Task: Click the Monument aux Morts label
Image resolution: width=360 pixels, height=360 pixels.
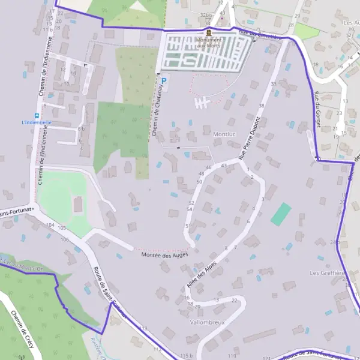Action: point(208,43)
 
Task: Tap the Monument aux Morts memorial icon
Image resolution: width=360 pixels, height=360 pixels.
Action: point(208,32)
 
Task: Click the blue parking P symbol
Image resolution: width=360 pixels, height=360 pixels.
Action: point(164,79)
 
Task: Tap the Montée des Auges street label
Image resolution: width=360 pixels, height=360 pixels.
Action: point(164,254)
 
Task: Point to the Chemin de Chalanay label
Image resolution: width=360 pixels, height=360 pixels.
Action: point(158,110)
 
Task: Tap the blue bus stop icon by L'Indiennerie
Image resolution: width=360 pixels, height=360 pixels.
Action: point(37,115)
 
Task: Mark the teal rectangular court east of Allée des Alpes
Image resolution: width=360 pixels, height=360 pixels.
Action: point(281,214)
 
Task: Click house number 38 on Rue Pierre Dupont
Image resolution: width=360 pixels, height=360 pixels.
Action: point(261,106)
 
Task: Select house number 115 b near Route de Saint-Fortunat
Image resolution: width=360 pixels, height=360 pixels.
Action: point(186,356)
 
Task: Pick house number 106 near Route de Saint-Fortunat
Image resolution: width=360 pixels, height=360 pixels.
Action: point(64,239)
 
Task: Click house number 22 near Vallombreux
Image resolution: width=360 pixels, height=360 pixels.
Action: point(234,300)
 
